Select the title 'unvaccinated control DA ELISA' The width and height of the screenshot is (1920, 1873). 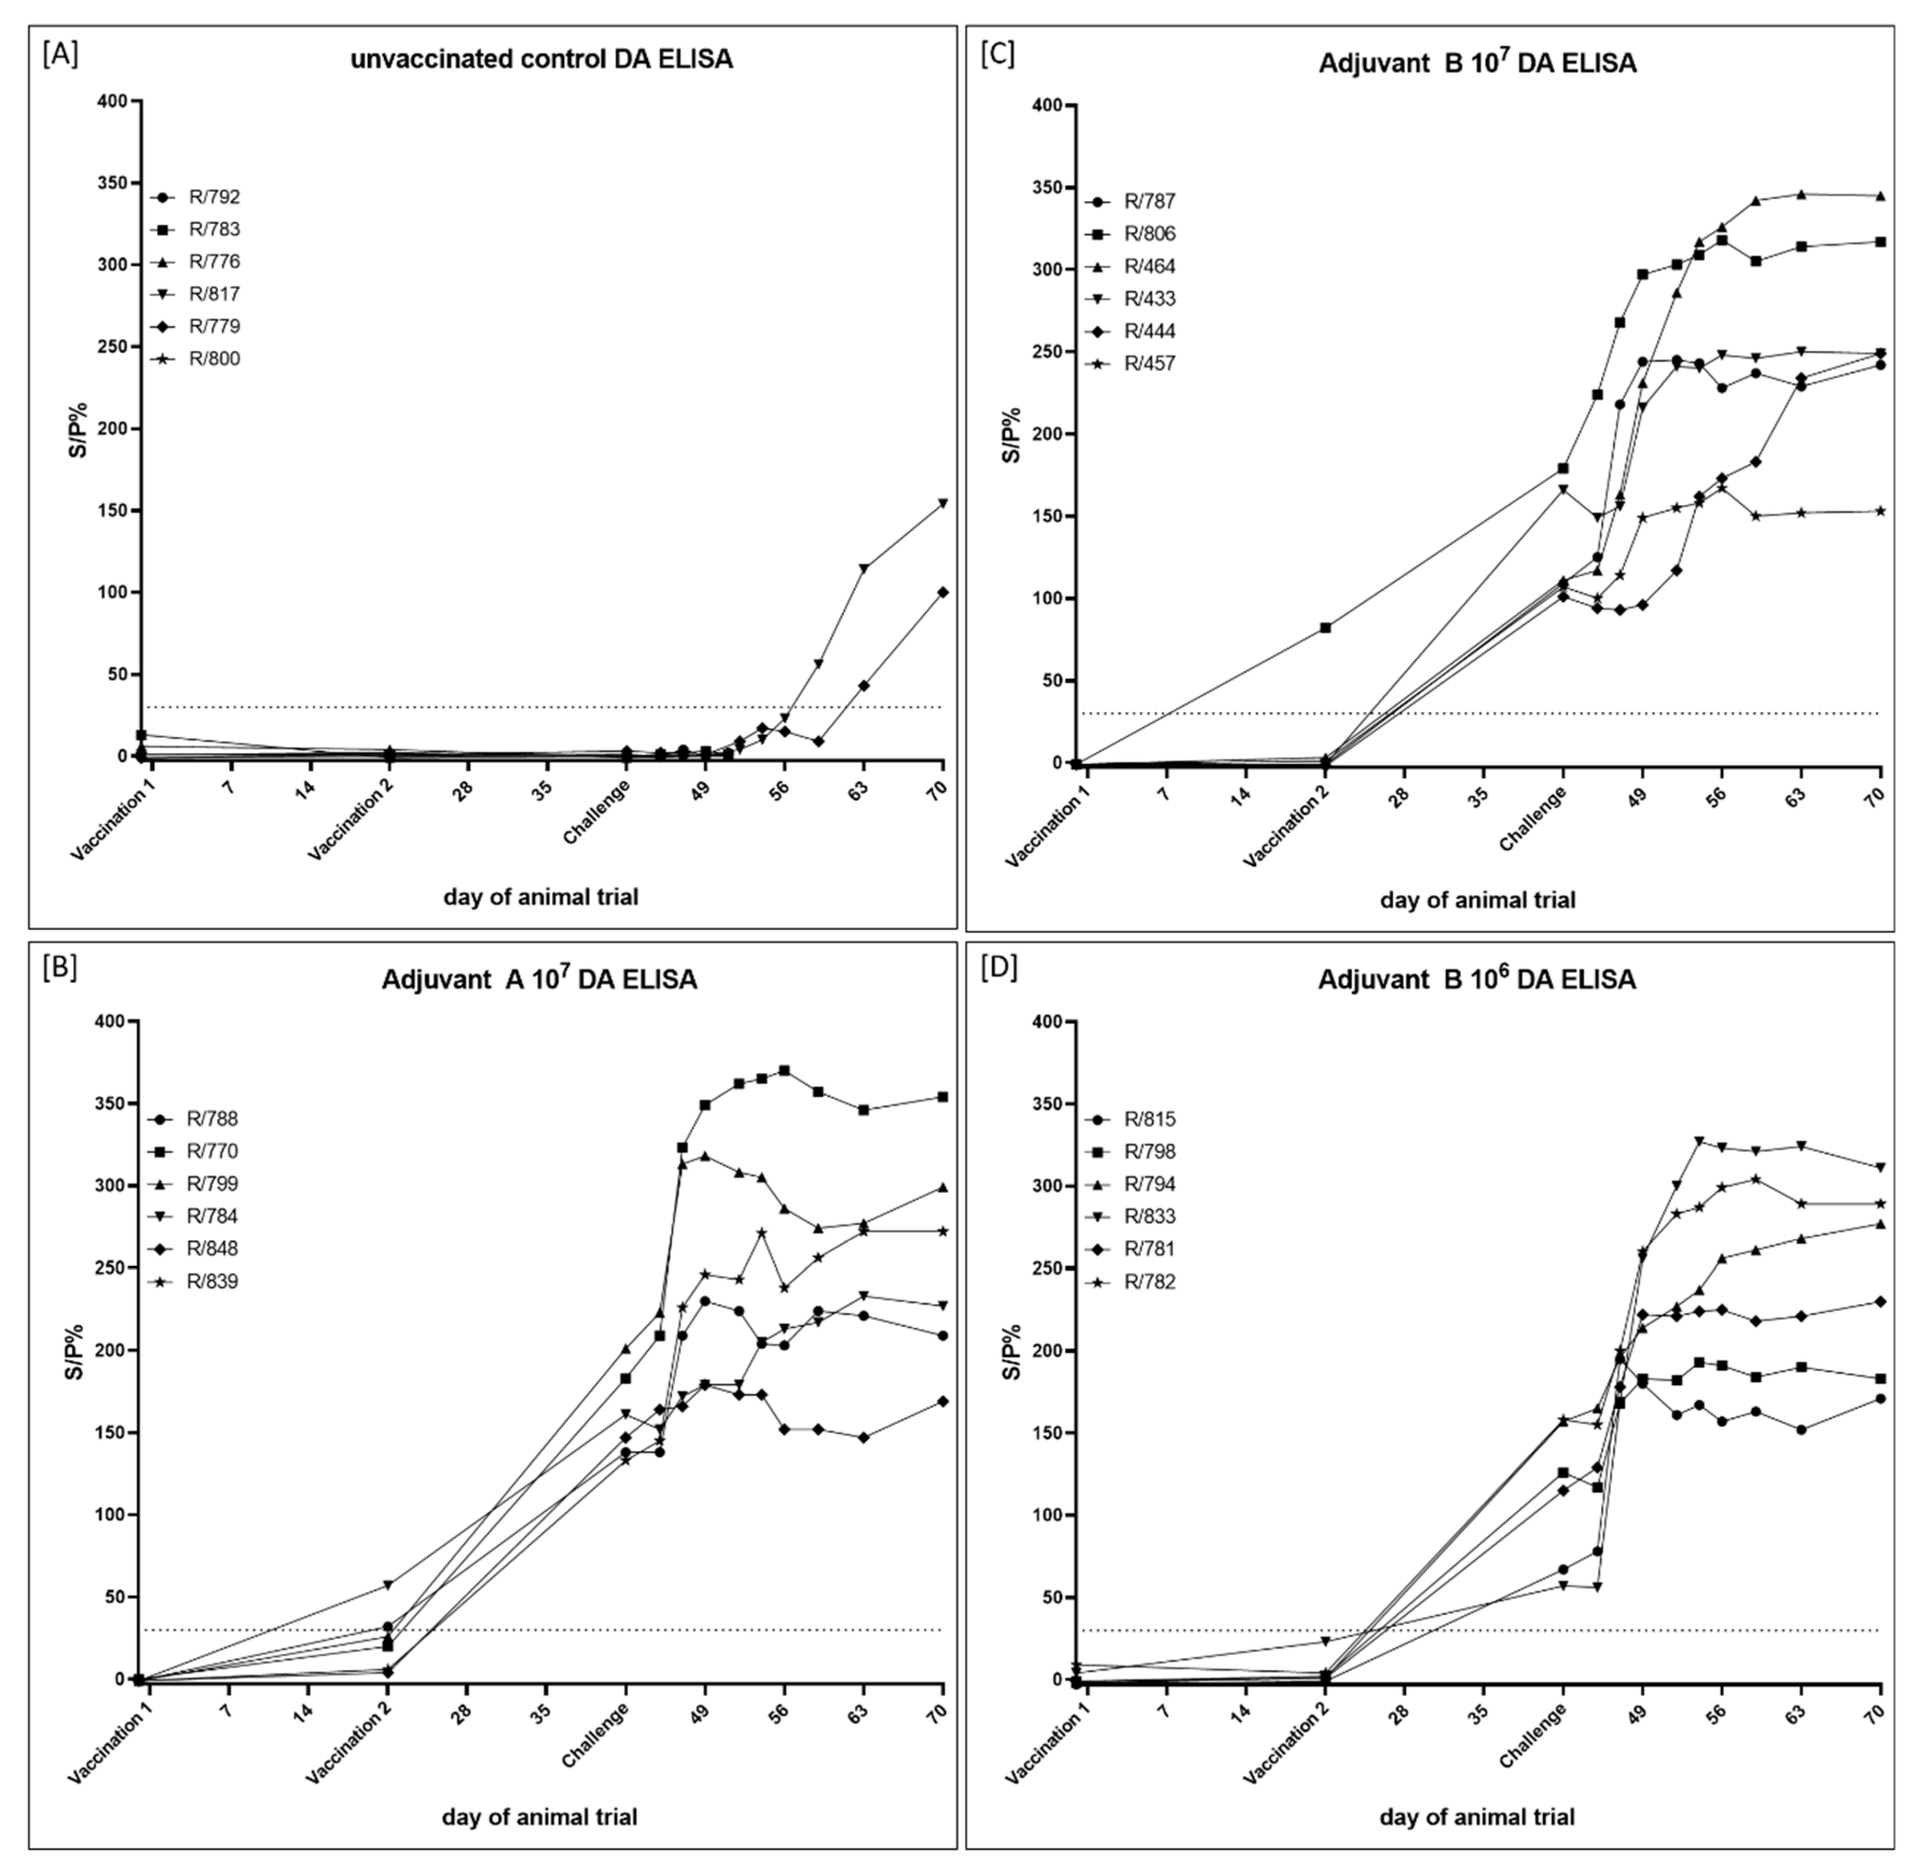[x=542, y=60]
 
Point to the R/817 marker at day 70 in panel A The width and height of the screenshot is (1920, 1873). [x=942, y=503]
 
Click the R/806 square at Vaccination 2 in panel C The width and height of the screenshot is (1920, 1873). [x=1325, y=627]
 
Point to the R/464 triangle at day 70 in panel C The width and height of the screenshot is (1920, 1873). [x=1880, y=196]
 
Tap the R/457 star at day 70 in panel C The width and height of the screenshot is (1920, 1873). [x=1880, y=510]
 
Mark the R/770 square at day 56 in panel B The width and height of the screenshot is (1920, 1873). [x=784, y=1070]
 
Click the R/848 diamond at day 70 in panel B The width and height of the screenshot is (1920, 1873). [x=942, y=1401]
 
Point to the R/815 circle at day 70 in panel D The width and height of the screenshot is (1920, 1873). [x=1880, y=1398]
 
